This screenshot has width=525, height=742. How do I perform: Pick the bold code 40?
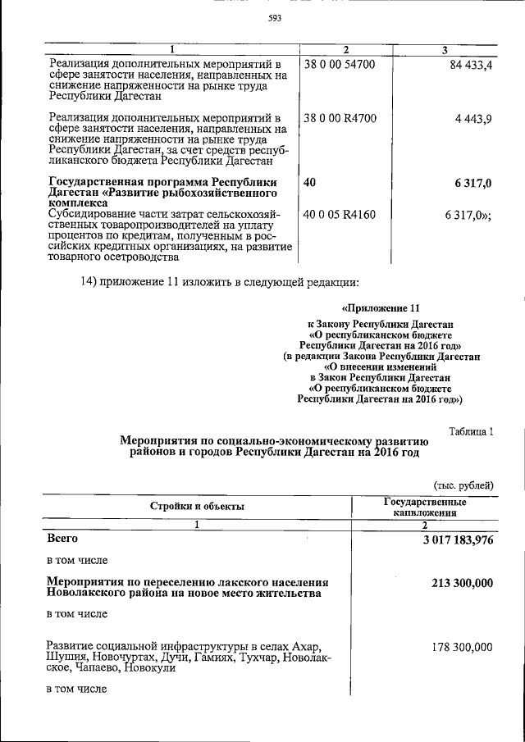click(x=309, y=183)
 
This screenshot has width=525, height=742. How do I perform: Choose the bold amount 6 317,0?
click(x=470, y=183)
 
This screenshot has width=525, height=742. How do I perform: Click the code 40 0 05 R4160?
click(x=339, y=215)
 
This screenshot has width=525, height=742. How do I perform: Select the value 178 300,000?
click(x=462, y=647)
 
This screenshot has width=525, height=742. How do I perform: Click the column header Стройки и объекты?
click(x=197, y=507)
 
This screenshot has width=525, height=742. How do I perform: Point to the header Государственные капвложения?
click(x=425, y=507)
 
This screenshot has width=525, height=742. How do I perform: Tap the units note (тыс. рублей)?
click(x=463, y=485)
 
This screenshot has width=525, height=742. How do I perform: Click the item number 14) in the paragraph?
click(x=88, y=284)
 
